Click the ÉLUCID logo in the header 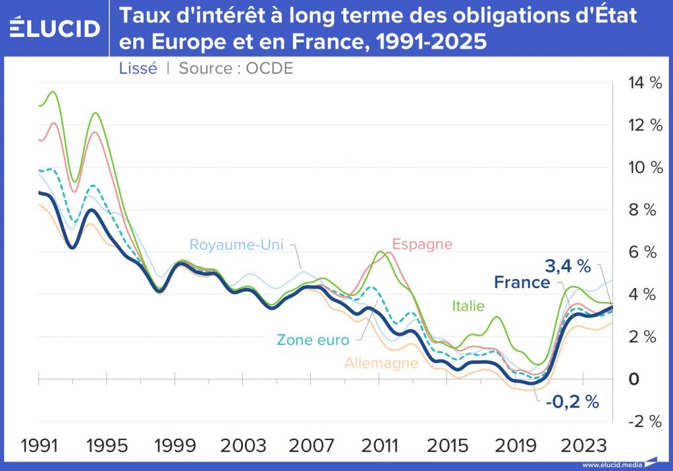click(55, 28)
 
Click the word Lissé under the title click(137, 68)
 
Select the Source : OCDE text click(236, 68)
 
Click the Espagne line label click(422, 244)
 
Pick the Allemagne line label click(381, 363)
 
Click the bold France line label click(522, 283)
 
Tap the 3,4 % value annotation click(567, 266)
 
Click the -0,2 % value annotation click(572, 402)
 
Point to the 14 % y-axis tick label click(645, 83)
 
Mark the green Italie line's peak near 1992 click(52, 92)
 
